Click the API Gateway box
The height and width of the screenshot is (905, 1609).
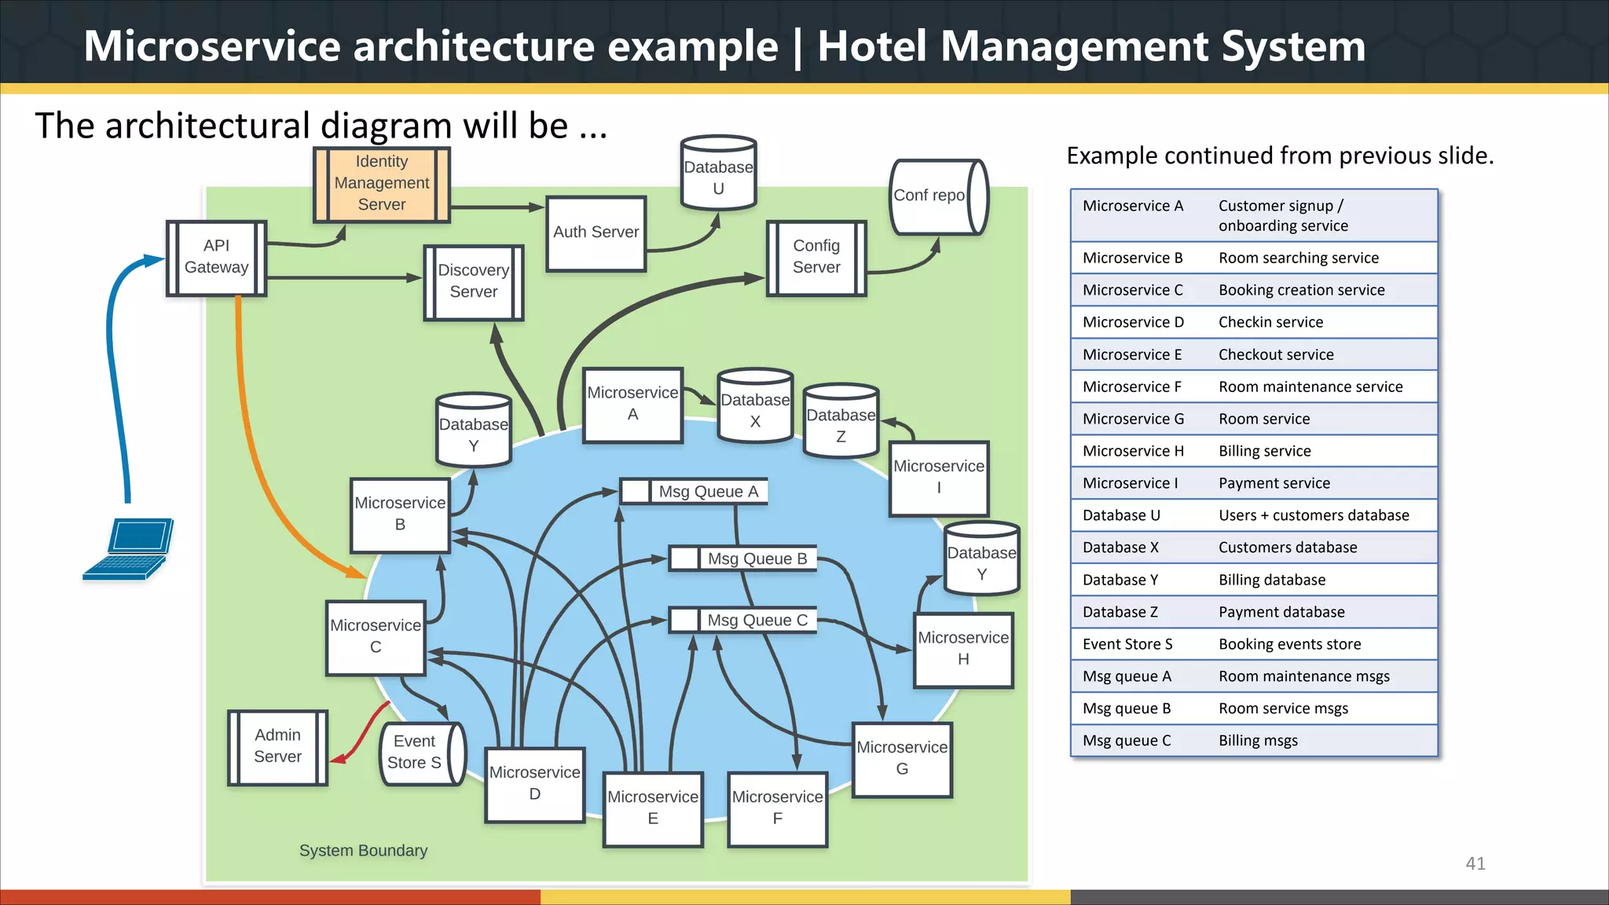point(216,258)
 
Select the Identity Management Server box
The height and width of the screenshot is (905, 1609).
point(382,184)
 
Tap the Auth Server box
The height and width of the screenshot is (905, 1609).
point(596,233)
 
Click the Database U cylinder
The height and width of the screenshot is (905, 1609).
point(718,174)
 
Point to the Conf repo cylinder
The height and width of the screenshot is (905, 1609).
point(937,196)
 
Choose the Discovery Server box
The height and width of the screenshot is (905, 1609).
point(473,281)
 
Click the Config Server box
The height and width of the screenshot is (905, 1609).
point(816,258)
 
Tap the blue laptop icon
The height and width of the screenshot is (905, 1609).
point(129,549)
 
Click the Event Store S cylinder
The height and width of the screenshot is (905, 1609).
point(421,753)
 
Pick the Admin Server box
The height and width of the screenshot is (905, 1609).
point(277,746)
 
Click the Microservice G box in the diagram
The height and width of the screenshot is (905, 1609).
point(902,759)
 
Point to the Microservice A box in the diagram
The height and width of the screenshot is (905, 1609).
point(632,404)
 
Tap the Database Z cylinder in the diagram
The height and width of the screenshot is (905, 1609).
point(841,422)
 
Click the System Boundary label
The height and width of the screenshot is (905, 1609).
point(363,851)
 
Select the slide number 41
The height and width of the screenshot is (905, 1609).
point(1475,863)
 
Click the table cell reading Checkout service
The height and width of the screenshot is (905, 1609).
point(1276,354)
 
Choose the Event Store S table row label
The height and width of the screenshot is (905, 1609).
point(1127,644)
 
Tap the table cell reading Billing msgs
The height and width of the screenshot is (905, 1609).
point(1258,741)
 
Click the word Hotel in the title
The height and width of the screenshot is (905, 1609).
point(871,46)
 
